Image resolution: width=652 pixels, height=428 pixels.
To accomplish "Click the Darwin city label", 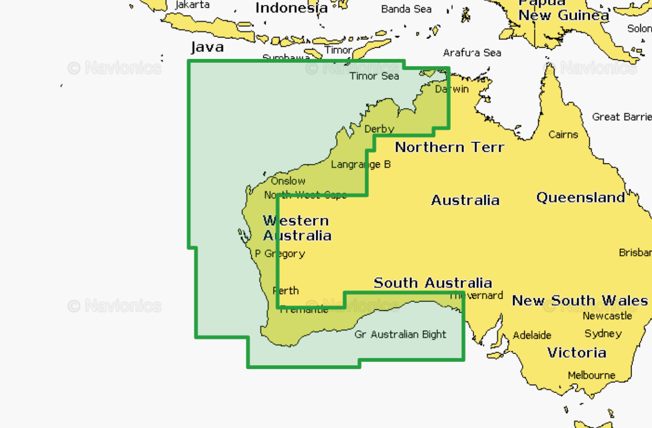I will [x=452, y=89].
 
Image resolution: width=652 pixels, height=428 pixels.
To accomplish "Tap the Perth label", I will [x=286, y=291].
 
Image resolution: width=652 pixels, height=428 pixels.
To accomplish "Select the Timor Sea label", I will [x=374, y=76].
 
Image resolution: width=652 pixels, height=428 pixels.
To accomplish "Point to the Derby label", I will [x=379, y=129].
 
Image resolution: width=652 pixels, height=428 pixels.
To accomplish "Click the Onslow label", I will [x=288, y=181].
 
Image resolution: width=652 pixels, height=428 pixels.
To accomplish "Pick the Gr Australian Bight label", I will [x=400, y=335].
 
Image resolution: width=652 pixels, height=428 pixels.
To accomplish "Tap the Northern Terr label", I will [x=449, y=147].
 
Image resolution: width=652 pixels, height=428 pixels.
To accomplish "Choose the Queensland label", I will [x=581, y=197].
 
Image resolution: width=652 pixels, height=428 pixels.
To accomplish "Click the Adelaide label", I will [x=532, y=335].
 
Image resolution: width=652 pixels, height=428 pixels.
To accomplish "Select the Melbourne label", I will [x=591, y=375].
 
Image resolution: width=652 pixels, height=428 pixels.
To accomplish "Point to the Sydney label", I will [x=603, y=334].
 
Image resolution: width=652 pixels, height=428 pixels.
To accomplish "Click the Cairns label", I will [x=563, y=134].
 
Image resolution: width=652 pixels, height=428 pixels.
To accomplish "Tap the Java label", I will [x=207, y=47].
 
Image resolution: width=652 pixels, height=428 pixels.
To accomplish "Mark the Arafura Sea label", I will [x=472, y=53].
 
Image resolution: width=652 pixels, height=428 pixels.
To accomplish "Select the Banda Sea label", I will [x=406, y=9].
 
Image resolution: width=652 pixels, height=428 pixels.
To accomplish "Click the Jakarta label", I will [x=192, y=5].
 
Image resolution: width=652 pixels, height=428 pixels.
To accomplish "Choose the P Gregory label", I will [x=280, y=253].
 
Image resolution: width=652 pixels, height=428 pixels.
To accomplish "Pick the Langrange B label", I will [x=360, y=164].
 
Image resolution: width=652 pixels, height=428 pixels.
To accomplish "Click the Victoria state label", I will [x=577, y=353].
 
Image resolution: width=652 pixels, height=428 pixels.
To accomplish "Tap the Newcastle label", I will [x=607, y=316].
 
